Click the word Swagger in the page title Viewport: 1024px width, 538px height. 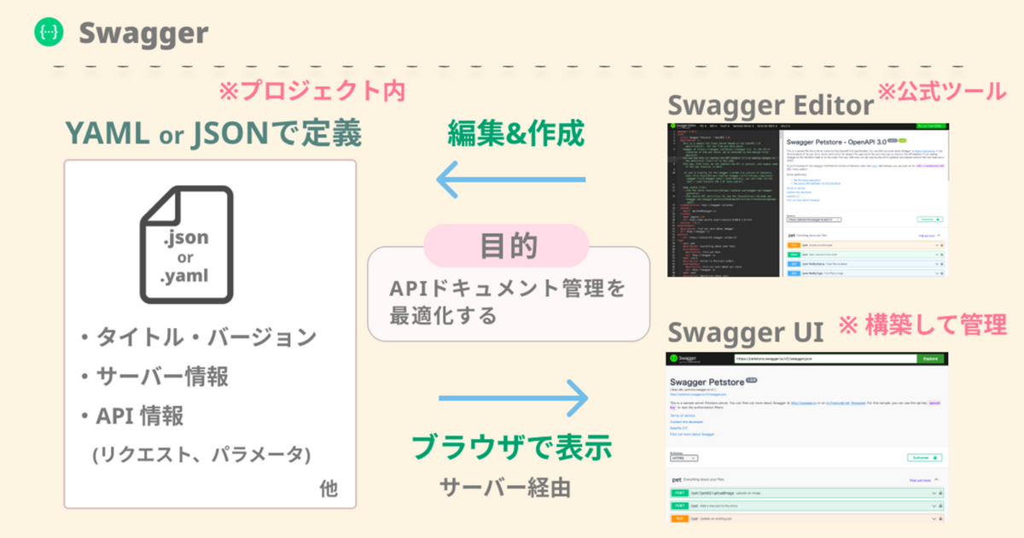click(143, 32)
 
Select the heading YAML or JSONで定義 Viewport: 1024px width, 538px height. click(213, 133)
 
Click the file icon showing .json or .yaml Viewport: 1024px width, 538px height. click(186, 245)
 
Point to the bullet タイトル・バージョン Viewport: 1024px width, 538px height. click(198, 337)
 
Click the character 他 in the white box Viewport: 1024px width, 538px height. click(329, 489)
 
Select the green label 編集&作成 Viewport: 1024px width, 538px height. click(516, 133)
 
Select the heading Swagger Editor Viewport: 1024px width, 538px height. click(771, 106)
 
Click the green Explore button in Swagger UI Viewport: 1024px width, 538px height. click(929, 359)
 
